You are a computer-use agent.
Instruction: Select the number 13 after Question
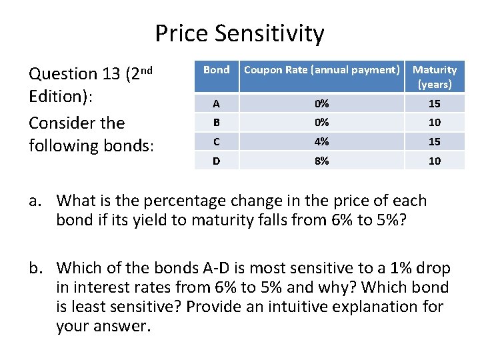pyautogui.click(x=111, y=74)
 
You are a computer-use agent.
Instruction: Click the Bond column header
pyautogui.click(x=216, y=69)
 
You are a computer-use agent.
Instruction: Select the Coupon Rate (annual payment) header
pyautogui.click(x=321, y=69)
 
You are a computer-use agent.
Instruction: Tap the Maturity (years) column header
pyautogui.click(x=435, y=77)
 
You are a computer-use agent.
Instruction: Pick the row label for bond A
pyautogui.click(x=216, y=103)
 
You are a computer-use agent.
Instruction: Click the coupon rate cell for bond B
pyautogui.click(x=321, y=123)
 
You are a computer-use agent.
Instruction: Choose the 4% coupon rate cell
pyautogui.click(x=321, y=141)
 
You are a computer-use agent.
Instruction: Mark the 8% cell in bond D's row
pyautogui.click(x=321, y=161)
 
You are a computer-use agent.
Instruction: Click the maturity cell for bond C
pyautogui.click(x=435, y=141)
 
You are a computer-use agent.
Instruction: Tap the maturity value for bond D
pyautogui.click(x=435, y=161)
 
